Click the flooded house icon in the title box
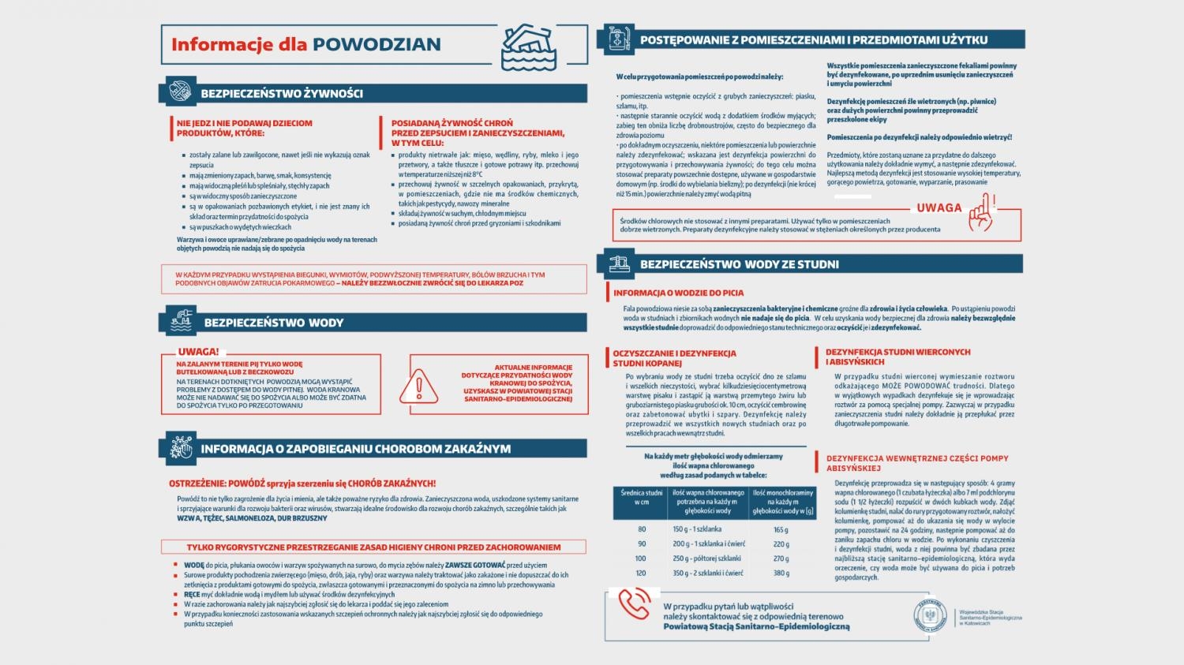click(528, 46)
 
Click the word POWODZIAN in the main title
click(377, 45)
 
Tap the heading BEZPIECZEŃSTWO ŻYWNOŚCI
click(282, 94)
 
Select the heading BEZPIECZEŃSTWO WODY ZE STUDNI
click(739, 264)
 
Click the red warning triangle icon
click(420, 385)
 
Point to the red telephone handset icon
click(634, 603)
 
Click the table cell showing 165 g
click(781, 530)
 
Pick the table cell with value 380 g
click(781, 573)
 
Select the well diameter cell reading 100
click(641, 559)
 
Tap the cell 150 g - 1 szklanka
click(697, 530)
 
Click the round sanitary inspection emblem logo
click(930, 616)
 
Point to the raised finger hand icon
click(980, 211)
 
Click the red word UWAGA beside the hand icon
click(939, 208)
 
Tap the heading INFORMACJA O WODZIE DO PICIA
click(679, 293)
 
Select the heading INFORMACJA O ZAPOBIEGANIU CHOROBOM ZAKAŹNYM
click(355, 449)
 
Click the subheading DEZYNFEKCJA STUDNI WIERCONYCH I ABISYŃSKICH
click(897, 357)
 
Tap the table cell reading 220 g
click(781, 544)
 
